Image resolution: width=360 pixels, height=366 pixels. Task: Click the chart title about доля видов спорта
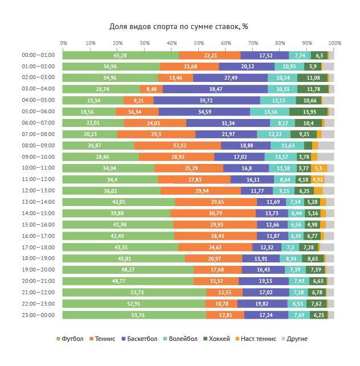[x=178, y=26]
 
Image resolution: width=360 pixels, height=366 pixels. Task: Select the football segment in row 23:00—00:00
[x=134, y=315]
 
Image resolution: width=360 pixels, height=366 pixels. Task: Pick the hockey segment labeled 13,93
[x=308, y=112]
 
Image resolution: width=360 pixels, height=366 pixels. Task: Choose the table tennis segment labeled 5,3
[x=317, y=168]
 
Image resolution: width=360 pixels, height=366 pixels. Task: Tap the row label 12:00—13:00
[x=38, y=191]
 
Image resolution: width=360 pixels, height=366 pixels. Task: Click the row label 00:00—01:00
[x=38, y=55]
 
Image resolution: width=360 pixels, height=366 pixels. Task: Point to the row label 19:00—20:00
[x=38, y=270]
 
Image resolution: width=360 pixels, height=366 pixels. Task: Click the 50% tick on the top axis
[x=198, y=43]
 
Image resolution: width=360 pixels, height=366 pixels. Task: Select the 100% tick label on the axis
[x=334, y=43]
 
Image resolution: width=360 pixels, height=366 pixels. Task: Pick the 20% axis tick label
[x=117, y=43]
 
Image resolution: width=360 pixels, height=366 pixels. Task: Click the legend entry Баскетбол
[x=138, y=339]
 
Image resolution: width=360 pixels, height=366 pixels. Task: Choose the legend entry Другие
[x=295, y=339]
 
